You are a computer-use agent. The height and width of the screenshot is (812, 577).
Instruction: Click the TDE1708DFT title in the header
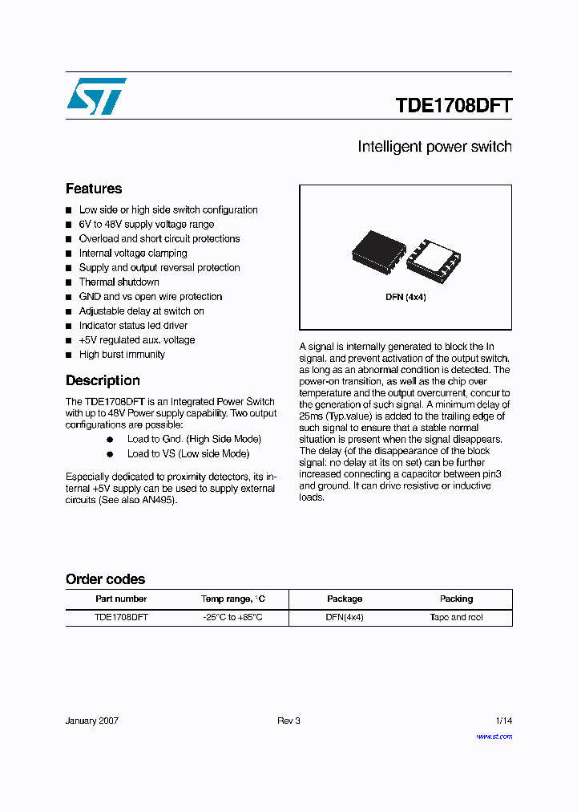(x=453, y=106)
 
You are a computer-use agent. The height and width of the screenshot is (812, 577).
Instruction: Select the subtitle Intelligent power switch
(x=434, y=147)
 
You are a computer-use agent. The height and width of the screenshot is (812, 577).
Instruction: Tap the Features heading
(x=94, y=189)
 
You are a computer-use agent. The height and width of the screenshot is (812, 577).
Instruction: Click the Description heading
(x=103, y=380)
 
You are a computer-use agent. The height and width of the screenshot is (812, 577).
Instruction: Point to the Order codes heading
(x=105, y=579)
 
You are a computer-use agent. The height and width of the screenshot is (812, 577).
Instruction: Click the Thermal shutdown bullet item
(x=119, y=282)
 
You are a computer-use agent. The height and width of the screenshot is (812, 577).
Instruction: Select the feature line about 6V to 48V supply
(x=146, y=225)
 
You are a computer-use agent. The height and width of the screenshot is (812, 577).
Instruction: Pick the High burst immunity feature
(x=122, y=355)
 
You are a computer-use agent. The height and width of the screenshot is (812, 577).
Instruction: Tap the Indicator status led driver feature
(x=133, y=326)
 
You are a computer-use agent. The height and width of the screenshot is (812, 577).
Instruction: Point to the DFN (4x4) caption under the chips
(x=406, y=297)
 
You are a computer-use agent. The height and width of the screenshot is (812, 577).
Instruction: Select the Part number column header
(x=121, y=599)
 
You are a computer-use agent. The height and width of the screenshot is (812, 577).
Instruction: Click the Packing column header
(x=456, y=599)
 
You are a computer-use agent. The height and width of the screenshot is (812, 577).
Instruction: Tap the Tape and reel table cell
(x=456, y=618)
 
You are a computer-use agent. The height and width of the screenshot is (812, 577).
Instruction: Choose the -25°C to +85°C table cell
(x=232, y=618)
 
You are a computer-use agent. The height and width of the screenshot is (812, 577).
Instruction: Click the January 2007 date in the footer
(x=92, y=721)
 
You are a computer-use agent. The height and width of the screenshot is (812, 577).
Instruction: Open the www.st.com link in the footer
(x=494, y=737)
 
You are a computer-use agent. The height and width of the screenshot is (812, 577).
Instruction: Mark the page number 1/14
(x=503, y=721)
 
